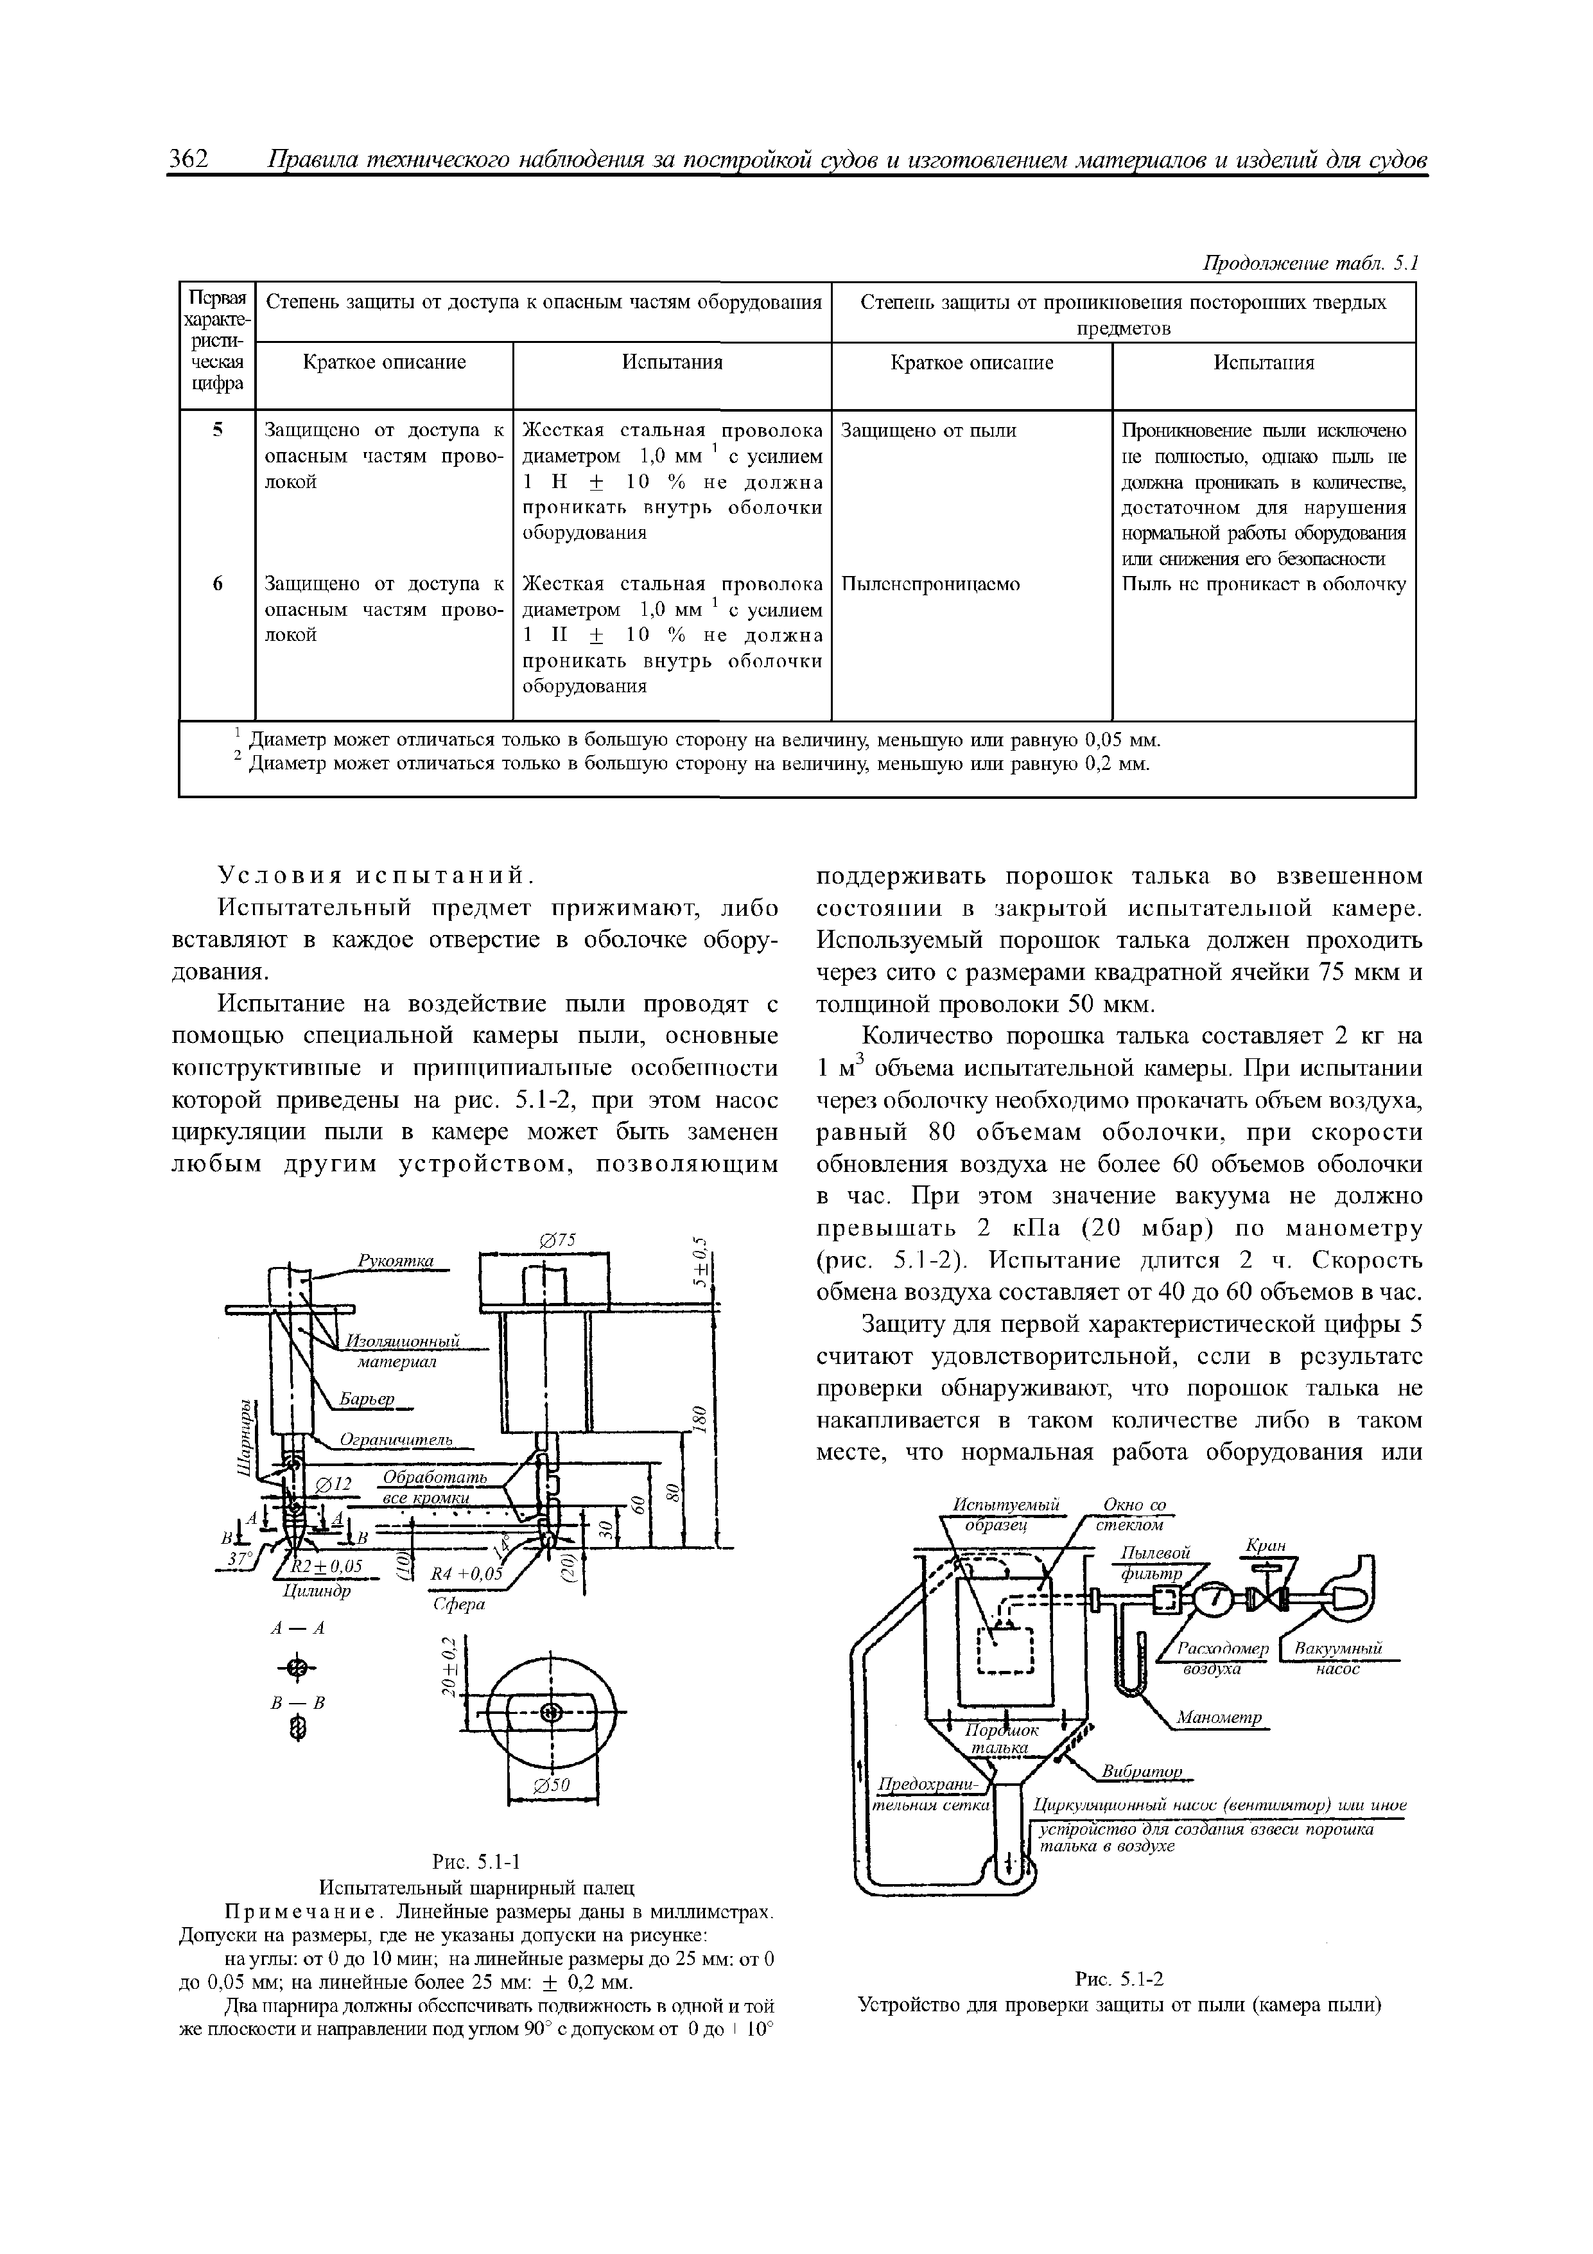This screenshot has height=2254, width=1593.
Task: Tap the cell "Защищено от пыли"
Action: [928, 430]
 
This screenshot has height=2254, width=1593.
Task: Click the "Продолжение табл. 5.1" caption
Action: [1311, 263]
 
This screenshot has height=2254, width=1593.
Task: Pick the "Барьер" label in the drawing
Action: [366, 1398]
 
